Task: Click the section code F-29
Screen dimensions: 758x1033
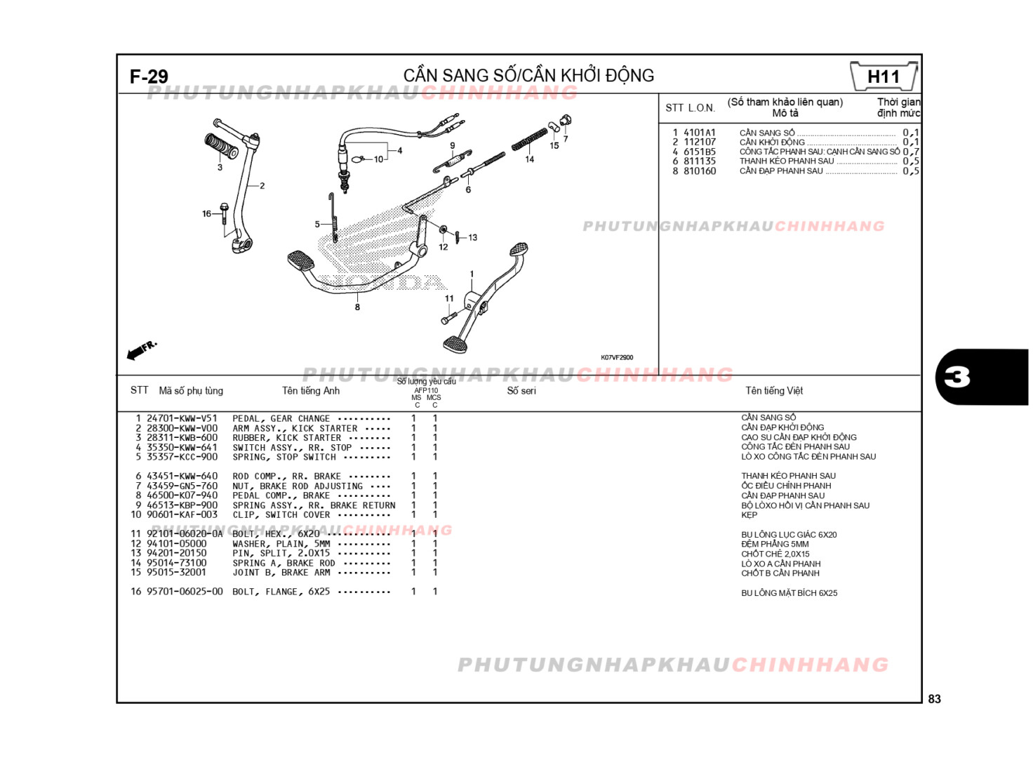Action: click(x=149, y=77)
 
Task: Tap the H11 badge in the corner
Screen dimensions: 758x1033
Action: click(x=884, y=77)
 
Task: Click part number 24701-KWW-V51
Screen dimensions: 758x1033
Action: click(x=182, y=418)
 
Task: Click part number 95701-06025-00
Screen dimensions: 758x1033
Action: click(x=185, y=592)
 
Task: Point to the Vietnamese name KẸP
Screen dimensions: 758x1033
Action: click(x=749, y=515)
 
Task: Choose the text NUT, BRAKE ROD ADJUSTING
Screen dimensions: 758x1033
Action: click(x=298, y=486)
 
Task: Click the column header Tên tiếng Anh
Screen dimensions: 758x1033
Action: click(x=310, y=391)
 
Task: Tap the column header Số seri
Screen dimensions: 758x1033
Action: click(x=521, y=391)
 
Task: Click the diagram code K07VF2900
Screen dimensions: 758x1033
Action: click(x=617, y=358)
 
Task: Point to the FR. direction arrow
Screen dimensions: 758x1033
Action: click(x=141, y=350)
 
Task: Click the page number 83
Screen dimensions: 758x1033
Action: click(x=934, y=699)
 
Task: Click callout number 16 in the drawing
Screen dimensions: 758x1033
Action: click(x=206, y=214)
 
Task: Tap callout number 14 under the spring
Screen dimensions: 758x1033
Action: click(x=529, y=160)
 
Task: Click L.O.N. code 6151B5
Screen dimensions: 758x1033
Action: click(x=700, y=152)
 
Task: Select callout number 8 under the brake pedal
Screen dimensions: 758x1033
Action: click(x=357, y=307)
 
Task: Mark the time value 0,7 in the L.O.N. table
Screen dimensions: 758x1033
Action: click(x=911, y=152)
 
